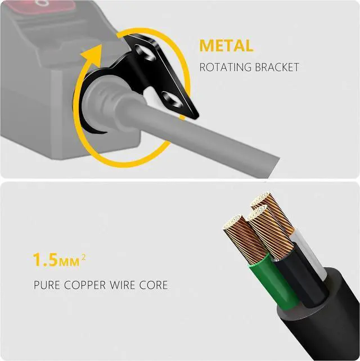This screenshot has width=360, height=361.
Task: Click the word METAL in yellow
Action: point(227,45)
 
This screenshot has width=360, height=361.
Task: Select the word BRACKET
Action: point(280,67)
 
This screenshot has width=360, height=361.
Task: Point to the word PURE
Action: point(46,285)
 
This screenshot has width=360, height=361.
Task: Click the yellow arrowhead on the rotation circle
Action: point(89,57)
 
